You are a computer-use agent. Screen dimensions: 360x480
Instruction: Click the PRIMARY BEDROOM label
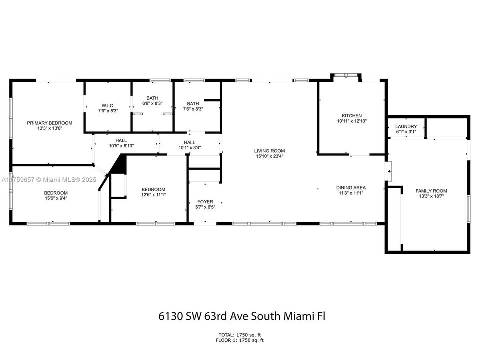(x=50, y=123)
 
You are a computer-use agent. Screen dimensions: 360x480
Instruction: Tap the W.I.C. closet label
(x=108, y=105)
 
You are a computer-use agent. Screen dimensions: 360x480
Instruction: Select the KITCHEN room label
(x=352, y=116)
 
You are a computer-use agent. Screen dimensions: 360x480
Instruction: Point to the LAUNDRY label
(x=406, y=126)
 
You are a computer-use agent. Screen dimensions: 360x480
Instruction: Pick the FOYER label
(x=205, y=202)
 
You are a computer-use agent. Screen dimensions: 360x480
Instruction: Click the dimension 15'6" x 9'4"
(x=56, y=198)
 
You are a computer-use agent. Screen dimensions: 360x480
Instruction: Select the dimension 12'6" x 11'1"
(x=153, y=195)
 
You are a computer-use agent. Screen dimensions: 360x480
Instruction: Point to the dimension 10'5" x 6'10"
(x=121, y=146)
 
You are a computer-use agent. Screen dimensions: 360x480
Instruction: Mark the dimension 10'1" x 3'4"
(x=190, y=147)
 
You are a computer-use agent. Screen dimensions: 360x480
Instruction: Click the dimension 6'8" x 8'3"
(x=152, y=103)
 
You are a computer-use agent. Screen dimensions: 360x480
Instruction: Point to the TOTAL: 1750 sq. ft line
(x=239, y=334)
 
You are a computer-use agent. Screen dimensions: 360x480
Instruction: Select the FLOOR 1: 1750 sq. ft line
(x=239, y=340)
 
